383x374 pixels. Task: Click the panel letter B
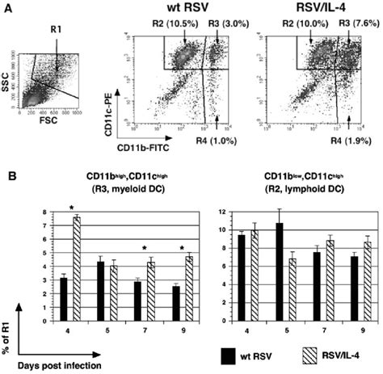8,174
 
